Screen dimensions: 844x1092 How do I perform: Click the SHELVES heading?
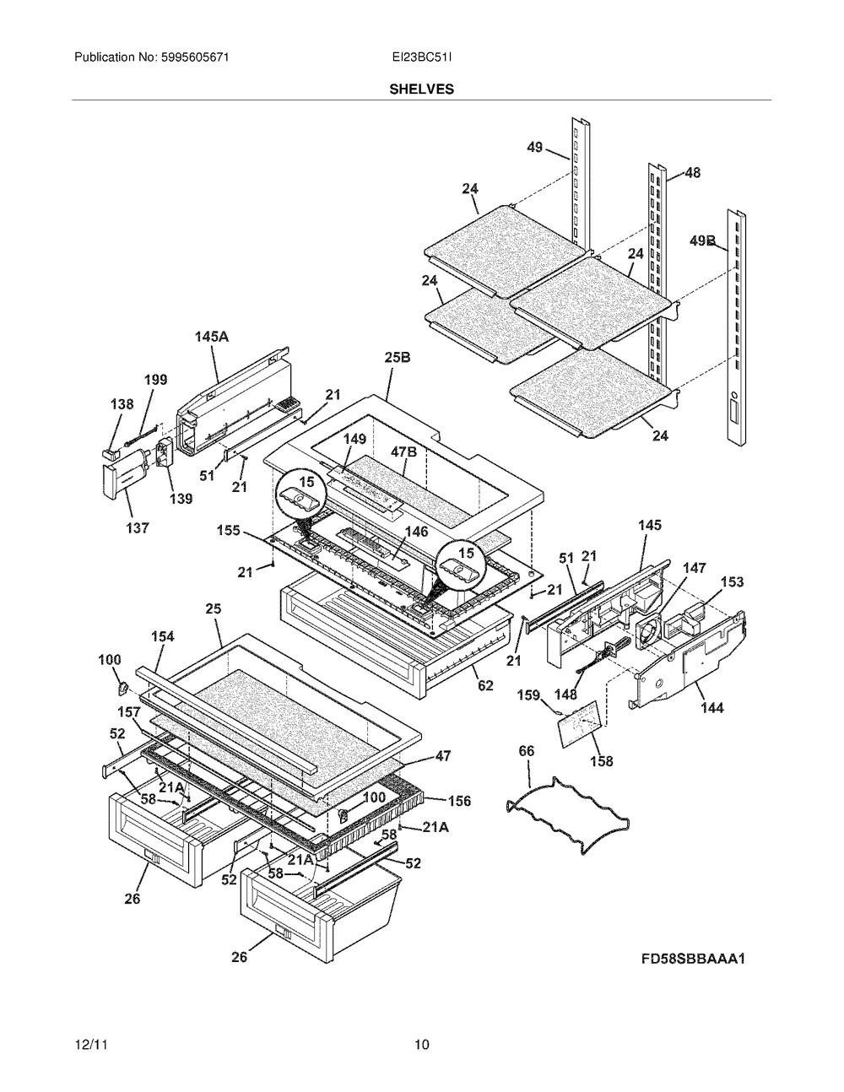pos(421,89)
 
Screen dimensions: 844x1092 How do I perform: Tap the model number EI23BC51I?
pos(422,57)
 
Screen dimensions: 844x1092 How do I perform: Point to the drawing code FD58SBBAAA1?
pos(693,960)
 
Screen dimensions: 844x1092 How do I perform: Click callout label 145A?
pos(212,336)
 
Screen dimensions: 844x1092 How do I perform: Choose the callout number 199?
pos(156,380)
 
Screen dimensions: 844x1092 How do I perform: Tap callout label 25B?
pos(398,357)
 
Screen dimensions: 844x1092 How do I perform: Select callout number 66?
pos(527,751)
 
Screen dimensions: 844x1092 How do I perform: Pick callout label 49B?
pos(702,241)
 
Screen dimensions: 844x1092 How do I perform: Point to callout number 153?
pos(732,582)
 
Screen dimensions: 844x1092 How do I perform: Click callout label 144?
pos(712,707)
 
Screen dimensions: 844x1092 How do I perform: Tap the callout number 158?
pos(601,761)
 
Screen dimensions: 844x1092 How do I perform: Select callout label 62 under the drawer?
pos(485,685)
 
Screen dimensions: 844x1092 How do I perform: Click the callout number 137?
pos(137,527)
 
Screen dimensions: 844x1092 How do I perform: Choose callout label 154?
pos(163,636)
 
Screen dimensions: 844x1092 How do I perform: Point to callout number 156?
pos(459,801)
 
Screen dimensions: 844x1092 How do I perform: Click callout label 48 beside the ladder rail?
pos(692,172)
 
